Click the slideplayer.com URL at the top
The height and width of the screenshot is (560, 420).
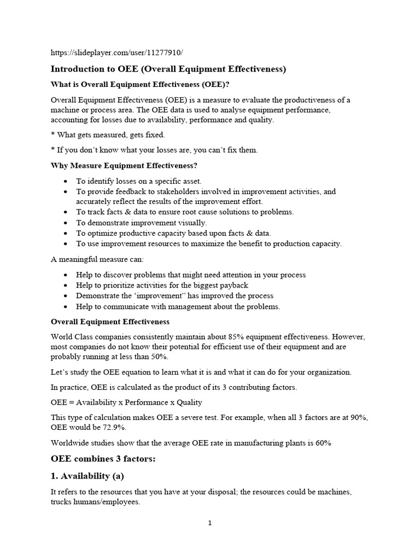tap(116, 52)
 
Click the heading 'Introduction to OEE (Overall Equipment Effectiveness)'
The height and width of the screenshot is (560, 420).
tap(168, 69)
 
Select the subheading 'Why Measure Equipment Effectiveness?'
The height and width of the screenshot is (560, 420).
tap(124, 165)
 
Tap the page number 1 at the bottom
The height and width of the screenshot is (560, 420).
tap(209, 523)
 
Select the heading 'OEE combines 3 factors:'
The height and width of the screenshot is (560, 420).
tap(103, 459)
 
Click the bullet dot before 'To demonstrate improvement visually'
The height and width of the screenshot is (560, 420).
tap(66, 223)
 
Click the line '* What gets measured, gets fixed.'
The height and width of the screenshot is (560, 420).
tap(108, 135)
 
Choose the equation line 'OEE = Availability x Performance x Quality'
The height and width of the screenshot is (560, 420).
tap(126, 402)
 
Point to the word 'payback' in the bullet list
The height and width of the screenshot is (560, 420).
tap(234, 285)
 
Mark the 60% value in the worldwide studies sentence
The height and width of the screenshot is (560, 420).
tap(322, 442)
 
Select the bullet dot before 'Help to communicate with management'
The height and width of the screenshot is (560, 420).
tap(66, 307)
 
